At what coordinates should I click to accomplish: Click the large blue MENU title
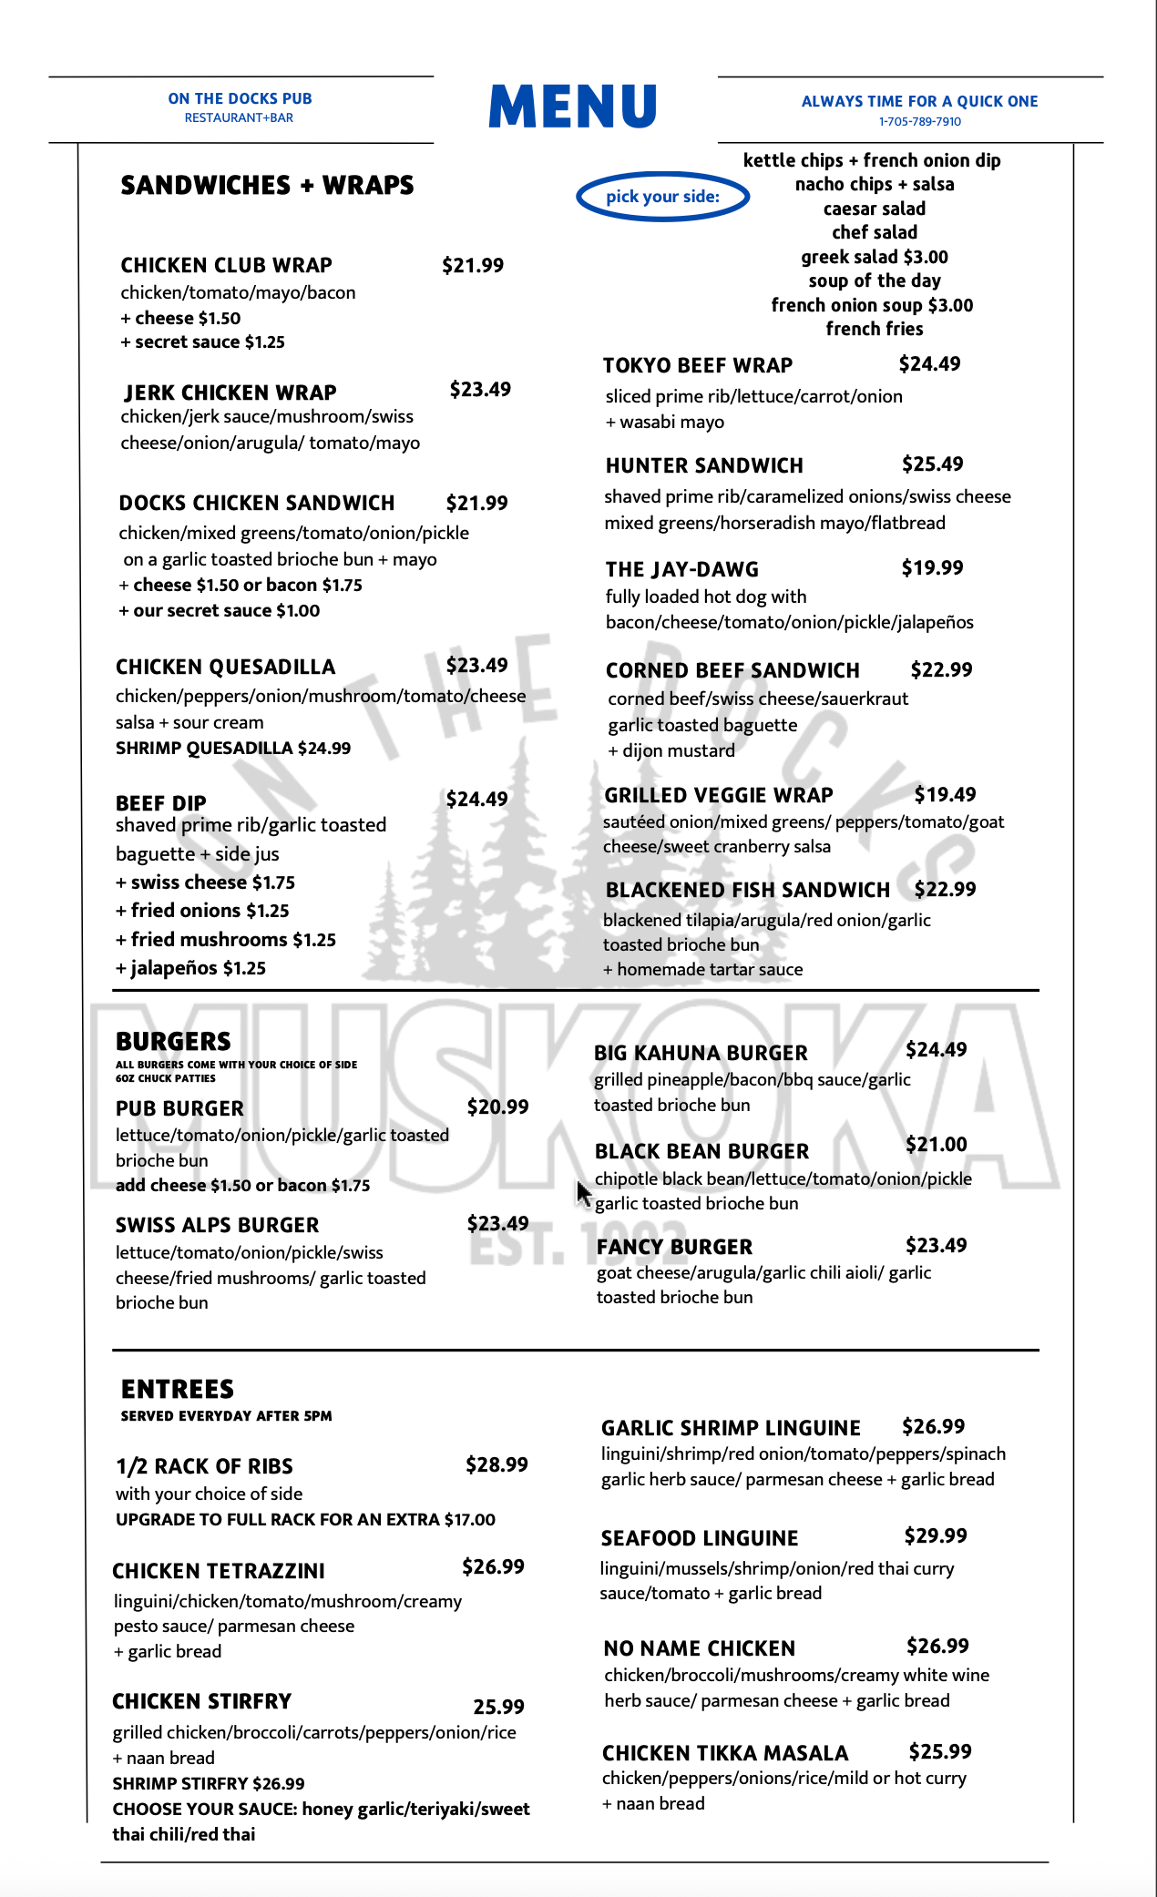[572, 107]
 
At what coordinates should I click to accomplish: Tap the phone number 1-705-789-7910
[919, 122]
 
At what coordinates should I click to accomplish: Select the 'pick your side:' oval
[662, 197]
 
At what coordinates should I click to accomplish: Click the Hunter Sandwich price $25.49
[932, 464]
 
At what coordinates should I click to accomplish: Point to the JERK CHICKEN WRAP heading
[230, 393]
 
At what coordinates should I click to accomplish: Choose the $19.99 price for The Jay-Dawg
[932, 568]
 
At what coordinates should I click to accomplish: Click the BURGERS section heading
[173, 1041]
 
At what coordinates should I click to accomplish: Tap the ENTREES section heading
[178, 1389]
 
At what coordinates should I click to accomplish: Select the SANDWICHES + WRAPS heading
[267, 186]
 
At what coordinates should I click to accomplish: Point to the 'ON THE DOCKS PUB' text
[240, 98]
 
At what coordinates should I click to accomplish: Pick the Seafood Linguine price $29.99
[936, 1536]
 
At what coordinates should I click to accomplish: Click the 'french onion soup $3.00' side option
[872, 305]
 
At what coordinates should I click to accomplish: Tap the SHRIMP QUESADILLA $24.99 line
[233, 749]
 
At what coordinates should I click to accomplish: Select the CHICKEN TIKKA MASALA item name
[725, 1753]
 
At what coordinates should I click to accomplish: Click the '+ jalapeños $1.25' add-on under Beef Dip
[190, 968]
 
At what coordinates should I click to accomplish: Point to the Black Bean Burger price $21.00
[936, 1145]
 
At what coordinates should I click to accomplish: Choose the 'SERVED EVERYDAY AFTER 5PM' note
[226, 1416]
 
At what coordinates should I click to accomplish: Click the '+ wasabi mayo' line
[665, 423]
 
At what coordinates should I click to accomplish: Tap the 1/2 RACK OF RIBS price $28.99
[497, 1465]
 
